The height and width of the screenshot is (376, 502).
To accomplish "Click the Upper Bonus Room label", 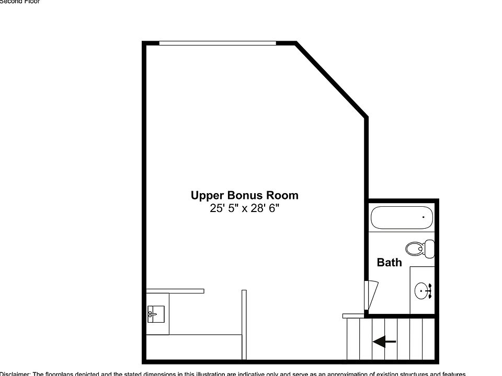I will (244, 196).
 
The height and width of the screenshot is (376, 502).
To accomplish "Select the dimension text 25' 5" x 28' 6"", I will (244, 209).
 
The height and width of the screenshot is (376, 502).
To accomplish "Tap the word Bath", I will (390, 263).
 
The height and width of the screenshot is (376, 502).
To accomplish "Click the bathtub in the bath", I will (401, 217).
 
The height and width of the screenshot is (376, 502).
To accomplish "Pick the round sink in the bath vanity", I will (422, 290).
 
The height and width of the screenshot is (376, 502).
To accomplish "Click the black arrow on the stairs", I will (384, 342).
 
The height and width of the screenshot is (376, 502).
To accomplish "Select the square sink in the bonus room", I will (156, 314).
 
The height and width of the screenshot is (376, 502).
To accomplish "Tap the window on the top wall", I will (217, 43).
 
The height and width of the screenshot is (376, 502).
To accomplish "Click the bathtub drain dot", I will (423, 217).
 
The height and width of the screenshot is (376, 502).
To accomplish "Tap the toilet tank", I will (430, 248).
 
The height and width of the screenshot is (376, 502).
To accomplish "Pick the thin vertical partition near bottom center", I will (244, 324).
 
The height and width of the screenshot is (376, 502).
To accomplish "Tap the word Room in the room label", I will (283, 196).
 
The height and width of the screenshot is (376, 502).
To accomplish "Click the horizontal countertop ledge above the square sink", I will (175, 291).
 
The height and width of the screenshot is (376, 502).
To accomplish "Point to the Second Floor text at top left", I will (20, 2).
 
